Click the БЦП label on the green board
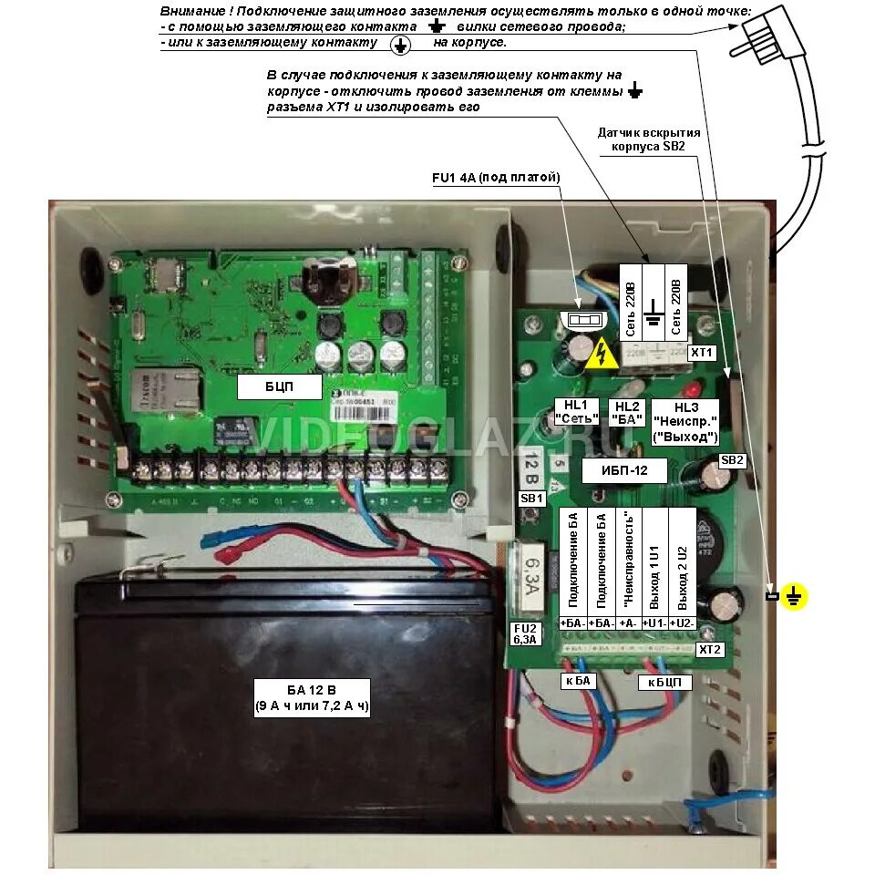coord(279,387)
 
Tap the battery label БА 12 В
coord(311,697)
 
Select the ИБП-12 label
coord(624,470)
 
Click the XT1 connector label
coord(701,351)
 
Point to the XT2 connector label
coord(709,650)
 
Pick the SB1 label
coord(531,499)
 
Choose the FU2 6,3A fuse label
coord(526,633)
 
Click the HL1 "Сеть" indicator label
coord(577,412)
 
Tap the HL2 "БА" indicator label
coord(628,412)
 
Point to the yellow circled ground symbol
coord(795,597)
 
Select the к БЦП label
coord(664,682)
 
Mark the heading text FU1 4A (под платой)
coord(496,178)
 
